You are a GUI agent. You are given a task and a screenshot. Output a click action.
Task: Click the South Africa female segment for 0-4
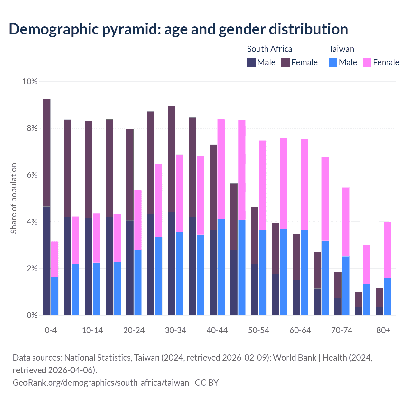(47, 153)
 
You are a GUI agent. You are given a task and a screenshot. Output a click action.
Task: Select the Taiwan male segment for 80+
(388, 296)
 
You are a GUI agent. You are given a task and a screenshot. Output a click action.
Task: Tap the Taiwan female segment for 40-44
(221, 169)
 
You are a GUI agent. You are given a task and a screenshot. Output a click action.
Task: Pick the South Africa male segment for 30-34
(172, 264)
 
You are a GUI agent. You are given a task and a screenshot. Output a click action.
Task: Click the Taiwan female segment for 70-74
(346, 222)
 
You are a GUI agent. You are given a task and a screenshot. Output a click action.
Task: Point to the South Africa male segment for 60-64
(296, 297)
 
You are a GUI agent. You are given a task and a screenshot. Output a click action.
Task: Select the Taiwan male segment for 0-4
(55, 296)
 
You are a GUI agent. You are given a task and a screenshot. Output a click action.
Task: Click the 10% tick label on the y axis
(30, 82)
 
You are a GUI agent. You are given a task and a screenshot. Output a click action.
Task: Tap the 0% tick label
(32, 315)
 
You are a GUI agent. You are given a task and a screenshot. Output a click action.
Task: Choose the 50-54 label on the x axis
(259, 330)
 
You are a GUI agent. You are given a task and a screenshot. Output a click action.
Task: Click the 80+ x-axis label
(383, 330)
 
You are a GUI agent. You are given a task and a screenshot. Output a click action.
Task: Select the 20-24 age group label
(134, 330)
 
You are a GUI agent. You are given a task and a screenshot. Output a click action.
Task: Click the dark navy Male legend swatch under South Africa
(251, 62)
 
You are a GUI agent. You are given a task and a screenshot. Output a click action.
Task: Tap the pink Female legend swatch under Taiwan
(367, 62)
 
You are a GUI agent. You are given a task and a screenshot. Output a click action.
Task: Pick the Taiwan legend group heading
(341, 49)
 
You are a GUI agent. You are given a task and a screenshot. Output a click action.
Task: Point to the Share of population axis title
(14, 198)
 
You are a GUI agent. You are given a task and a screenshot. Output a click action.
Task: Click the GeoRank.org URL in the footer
(101, 382)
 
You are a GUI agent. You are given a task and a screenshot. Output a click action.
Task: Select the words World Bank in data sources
(295, 358)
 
